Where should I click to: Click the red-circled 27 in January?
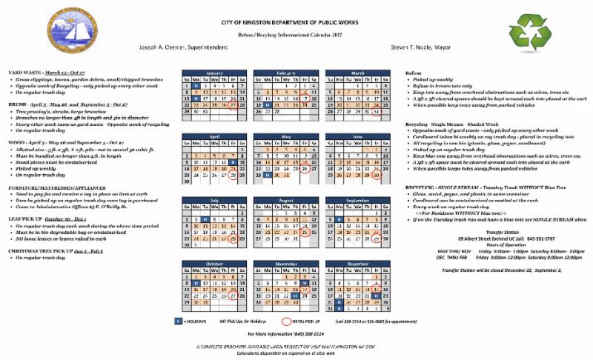[233, 105]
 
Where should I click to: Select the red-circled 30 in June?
[378, 175]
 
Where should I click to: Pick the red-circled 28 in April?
[233, 175]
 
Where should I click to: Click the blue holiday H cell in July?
[205, 219]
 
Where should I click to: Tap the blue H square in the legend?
[178, 321]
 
